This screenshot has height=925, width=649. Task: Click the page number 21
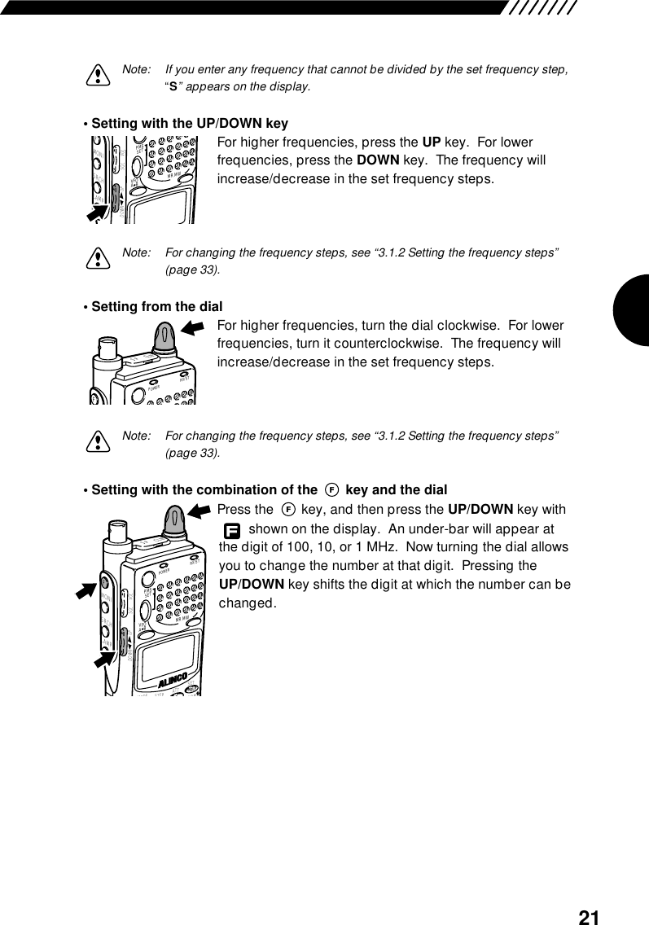pyautogui.click(x=589, y=918)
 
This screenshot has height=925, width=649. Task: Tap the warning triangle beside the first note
pyautogui.click(x=97, y=76)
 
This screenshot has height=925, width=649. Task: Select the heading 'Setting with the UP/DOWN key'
pyautogui.click(x=190, y=124)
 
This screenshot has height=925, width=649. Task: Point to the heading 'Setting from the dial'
pyautogui.click(x=156, y=307)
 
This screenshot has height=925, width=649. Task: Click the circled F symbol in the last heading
pyautogui.click(x=331, y=490)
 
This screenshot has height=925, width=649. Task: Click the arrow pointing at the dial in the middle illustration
pyautogui.click(x=194, y=327)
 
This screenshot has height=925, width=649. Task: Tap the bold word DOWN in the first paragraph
pyautogui.click(x=379, y=160)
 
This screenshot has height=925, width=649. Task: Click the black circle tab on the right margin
pyautogui.click(x=632, y=309)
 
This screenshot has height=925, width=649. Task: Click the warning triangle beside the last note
pyautogui.click(x=97, y=441)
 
